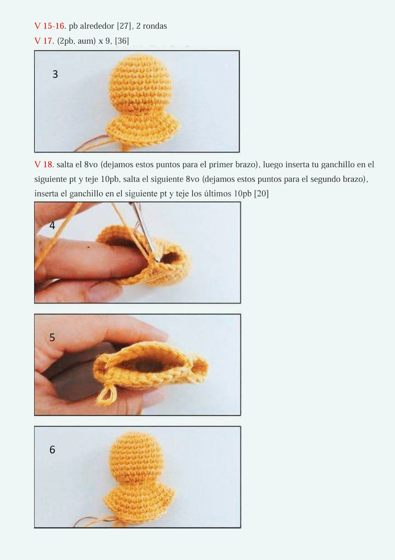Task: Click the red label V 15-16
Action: (x=49, y=26)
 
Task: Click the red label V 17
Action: (x=44, y=41)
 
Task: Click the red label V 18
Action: (x=44, y=164)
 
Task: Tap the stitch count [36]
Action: (x=122, y=41)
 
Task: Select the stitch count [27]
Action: (x=124, y=26)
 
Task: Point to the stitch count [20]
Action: (x=261, y=193)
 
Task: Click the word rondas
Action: (x=155, y=26)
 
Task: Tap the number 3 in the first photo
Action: (x=55, y=74)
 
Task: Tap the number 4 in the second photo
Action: (x=52, y=225)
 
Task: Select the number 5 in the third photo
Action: (x=52, y=337)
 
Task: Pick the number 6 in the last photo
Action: (x=52, y=450)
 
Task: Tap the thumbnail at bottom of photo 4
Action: (x=102, y=291)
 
